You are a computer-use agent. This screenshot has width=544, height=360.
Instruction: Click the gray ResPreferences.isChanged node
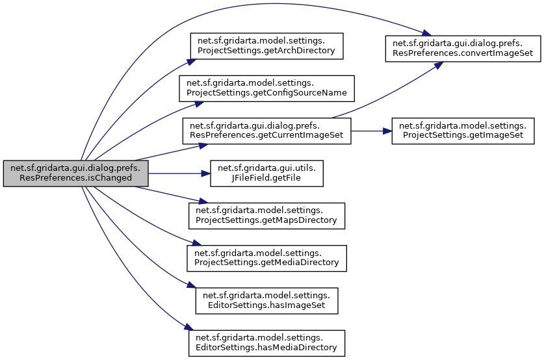point(76,173)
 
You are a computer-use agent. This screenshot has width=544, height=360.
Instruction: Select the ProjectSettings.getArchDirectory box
point(266,45)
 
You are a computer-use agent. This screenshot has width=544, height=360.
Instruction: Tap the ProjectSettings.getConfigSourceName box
point(266,88)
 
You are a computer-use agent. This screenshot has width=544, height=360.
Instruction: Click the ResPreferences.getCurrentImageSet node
point(266,131)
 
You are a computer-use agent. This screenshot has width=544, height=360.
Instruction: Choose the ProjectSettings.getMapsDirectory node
point(266,215)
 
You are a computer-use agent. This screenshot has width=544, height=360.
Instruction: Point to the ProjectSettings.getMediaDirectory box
point(266,257)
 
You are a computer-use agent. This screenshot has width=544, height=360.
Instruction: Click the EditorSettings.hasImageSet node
point(266,300)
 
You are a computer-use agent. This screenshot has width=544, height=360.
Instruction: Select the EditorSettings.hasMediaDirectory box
point(266,342)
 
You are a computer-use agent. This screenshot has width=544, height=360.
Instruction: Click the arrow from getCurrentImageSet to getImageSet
point(370,131)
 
